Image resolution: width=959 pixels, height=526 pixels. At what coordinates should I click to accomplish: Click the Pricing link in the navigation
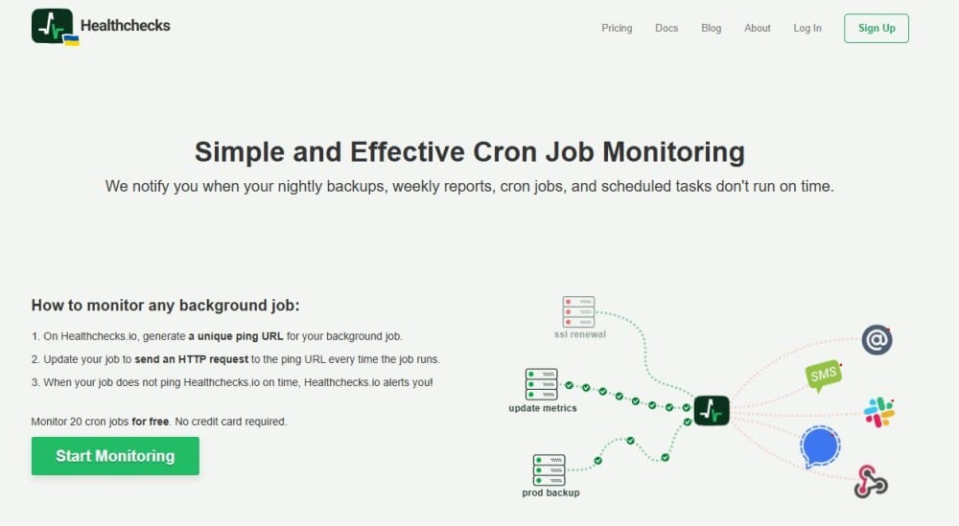pos(617,28)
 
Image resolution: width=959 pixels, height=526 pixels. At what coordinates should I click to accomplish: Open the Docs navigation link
pos(667,28)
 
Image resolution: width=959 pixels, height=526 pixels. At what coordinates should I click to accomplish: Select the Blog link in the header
pos(711,28)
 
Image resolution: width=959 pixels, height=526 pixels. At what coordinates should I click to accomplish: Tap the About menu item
pos(757,28)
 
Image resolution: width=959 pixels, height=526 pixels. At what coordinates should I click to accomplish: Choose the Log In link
pos(807,28)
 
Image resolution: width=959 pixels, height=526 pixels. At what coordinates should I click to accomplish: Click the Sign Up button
pos(876,28)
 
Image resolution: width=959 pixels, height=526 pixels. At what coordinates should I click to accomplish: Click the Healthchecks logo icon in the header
pos(52,26)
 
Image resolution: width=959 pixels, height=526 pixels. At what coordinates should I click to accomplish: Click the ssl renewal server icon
pos(578,311)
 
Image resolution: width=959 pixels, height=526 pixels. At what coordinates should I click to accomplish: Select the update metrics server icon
pos(541,384)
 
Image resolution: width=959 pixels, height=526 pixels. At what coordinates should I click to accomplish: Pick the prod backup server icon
pos(550,470)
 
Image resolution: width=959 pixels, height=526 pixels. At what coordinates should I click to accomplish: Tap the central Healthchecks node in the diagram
pos(711,410)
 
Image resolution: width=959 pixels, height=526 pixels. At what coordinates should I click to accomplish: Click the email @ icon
pos(877,340)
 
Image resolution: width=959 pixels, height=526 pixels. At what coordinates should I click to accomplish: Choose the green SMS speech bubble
pos(824,376)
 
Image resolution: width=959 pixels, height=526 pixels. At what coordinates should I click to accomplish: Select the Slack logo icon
pos(878,412)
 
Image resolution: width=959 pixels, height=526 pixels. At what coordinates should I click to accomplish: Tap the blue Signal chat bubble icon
pos(820,446)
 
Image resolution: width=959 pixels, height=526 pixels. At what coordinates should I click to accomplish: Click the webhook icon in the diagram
pos(871,481)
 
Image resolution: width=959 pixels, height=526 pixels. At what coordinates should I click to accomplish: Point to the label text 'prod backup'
pos(550,492)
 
